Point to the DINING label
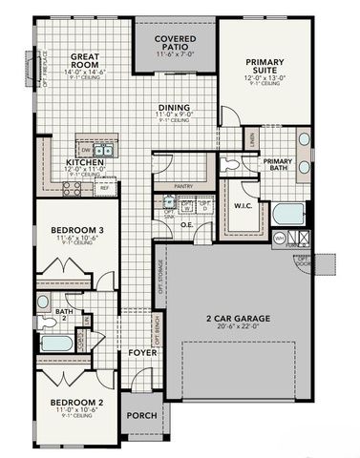click(x=174, y=108)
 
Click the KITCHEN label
click(x=87, y=162)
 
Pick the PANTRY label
click(x=187, y=188)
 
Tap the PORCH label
click(x=142, y=415)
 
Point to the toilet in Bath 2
click(x=43, y=302)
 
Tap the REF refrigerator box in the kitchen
click(x=104, y=188)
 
